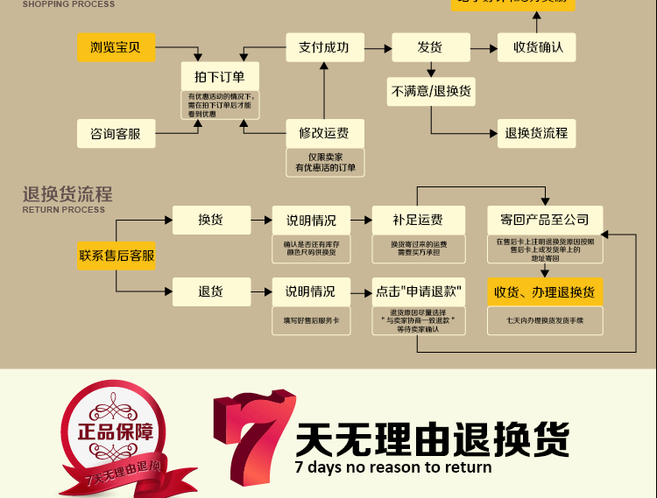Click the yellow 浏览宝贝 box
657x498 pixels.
point(116,47)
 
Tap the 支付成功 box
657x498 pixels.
point(324,47)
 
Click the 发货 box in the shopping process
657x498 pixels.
point(429,47)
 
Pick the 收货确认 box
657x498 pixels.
point(537,47)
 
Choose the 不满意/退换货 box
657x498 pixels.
point(431,91)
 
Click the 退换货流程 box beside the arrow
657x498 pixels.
point(536,133)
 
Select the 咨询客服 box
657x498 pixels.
point(116,134)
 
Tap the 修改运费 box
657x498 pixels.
point(324,134)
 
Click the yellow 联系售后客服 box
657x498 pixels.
point(117,256)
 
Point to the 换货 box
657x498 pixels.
point(211,220)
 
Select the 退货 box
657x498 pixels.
point(211,291)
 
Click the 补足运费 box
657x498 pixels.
point(417,220)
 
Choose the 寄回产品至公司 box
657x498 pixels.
point(544,220)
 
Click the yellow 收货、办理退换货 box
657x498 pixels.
point(544,291)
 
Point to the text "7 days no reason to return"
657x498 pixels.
point(393,467)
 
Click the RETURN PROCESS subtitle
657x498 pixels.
point(63,210)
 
